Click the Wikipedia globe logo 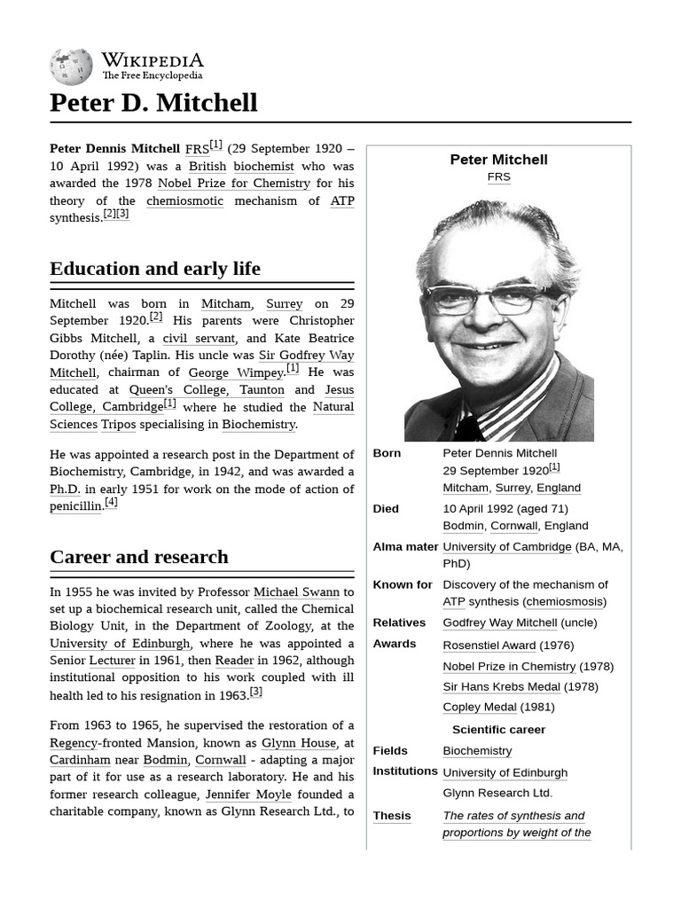coord(71,67)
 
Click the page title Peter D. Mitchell coord(153,103)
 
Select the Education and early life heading coord(155,269)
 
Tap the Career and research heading coord(139,557)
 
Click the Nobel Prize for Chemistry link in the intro coord(234,184)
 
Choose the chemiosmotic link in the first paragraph coord(184,200)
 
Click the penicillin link coord(75,506)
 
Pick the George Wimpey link coord(235,372)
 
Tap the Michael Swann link coord(296,591)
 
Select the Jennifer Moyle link coord(248,794)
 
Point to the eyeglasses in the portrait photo coord(492,300)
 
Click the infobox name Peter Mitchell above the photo coord(498,160)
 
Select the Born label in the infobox coord(387,453)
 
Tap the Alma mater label coord(405,547)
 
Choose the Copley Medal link coord(479,708)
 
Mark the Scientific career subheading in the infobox coord(498,730)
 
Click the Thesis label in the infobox coord(392,816)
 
